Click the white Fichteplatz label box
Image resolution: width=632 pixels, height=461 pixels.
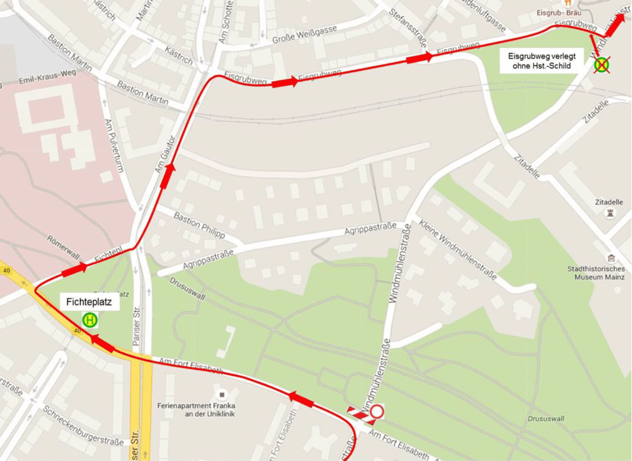tap(89, 302)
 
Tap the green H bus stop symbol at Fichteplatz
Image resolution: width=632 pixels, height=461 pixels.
tap(90, 320)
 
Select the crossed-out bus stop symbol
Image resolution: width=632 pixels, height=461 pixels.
tap(601, 66)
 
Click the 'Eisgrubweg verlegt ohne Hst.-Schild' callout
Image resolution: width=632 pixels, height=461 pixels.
tap(542, 61)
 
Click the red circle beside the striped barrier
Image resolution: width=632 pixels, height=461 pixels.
tap(377, 412)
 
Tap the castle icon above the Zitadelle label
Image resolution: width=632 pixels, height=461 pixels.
tap(610, 214)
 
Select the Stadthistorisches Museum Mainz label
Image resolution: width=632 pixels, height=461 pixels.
tap(596, 273)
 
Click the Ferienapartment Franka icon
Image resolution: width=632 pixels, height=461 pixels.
tap(220, 394)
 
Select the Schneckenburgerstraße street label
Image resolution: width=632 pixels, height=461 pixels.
tap(83, 426)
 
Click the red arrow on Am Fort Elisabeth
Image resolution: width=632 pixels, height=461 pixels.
tap(301, 400)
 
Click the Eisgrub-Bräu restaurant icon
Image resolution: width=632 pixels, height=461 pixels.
tap(567, 3)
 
